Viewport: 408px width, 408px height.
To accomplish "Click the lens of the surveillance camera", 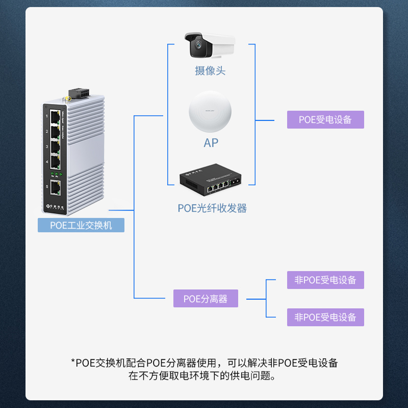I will pos(197,48).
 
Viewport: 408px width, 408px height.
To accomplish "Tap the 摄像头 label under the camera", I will pos(210,71).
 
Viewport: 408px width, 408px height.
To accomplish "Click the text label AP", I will pos(211,143).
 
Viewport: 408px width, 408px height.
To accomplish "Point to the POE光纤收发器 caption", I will pos(212,208).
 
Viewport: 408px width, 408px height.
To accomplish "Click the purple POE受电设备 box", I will pos(325,120).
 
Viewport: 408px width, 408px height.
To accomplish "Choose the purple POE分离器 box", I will pos(206,298).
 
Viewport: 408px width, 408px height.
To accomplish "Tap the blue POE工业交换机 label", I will pos(81,225).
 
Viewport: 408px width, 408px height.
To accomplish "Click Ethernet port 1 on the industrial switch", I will pos(55,116).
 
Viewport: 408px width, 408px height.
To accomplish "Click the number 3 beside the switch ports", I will pos(47,147).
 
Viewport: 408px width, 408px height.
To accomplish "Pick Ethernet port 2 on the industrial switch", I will pos(55,132).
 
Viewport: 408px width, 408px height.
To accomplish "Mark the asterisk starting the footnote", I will pos(73,363).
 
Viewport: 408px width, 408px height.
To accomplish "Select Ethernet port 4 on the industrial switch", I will pos(55,162).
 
